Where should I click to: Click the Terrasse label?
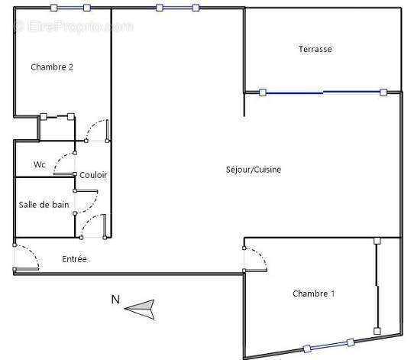(315, 49)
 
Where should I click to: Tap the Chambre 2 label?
(52, 66)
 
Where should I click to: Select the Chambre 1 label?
(314, 294)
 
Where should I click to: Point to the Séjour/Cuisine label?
(254, 170)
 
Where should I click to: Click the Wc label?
(40, 164)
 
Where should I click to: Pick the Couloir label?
(93, 175)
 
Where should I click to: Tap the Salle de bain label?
(44, 205)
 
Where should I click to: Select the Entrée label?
(74, 259)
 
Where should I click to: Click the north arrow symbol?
(140, 309)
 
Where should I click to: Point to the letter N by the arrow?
(115, 300)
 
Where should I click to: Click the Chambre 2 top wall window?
(70, 8)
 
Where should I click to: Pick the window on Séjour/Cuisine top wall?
(177, 8)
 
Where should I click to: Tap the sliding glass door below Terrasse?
(323, 92)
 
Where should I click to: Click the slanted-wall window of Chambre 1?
(328, 345)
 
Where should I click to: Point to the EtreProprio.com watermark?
(73, 27)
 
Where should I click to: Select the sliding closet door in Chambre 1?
(377, 286)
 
